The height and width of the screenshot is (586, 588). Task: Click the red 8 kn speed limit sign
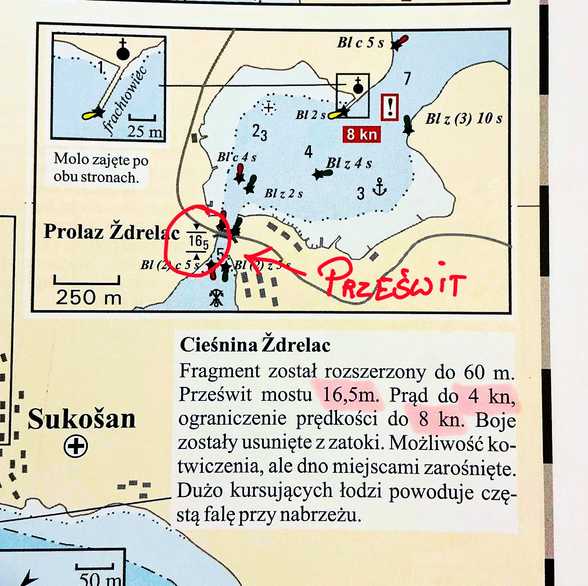(x=361, y=134)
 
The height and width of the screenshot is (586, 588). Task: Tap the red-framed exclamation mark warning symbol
(x=390, y=107)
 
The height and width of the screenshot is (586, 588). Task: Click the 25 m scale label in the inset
(x=145, y=131)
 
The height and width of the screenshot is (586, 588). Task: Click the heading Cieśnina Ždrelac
(x=255, y=345)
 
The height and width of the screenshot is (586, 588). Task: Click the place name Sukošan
(x=82, y=419)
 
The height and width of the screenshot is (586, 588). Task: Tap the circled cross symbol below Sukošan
(x=76, y=446)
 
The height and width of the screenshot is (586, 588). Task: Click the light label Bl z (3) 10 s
(x=464, y=119)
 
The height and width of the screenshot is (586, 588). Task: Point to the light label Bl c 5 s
(x=361, y=43)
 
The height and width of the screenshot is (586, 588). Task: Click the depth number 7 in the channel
(x=407, y=79)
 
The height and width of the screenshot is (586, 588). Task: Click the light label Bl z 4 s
(x=349, y=163)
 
